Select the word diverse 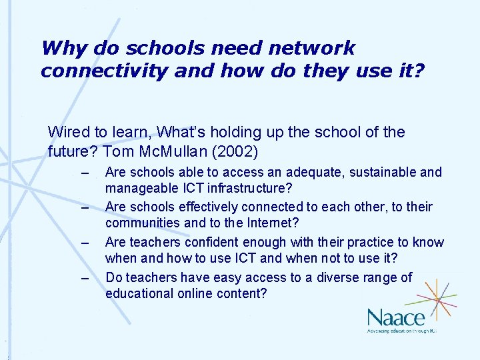[x=327, y=277]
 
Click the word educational [x=139, y=293]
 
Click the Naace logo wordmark [x=395, y=316]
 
